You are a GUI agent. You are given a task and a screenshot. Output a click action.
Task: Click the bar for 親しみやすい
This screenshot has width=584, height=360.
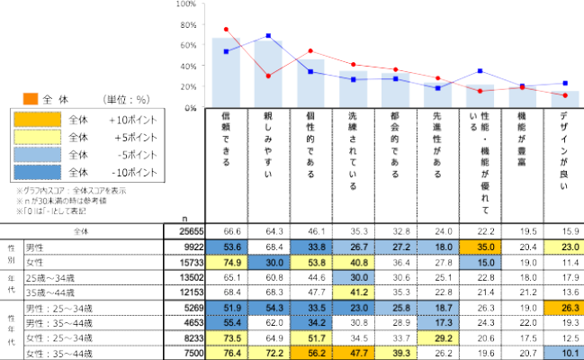click(x=268, y=76)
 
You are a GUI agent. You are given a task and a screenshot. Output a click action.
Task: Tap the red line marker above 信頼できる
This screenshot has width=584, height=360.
click(x=226, y=29)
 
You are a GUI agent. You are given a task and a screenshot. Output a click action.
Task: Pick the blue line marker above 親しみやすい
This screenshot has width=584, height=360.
click(x=268, y=36)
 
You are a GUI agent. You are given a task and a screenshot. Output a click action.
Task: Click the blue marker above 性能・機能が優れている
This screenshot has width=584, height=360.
click(x=481, y=70)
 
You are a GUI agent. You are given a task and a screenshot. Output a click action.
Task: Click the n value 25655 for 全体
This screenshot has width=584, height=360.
click(x=180, y=232)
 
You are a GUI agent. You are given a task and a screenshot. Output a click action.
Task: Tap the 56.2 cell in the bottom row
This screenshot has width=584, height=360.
click(x=310, y=353)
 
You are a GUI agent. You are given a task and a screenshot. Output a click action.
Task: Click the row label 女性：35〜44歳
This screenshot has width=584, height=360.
click(x=54, y=353)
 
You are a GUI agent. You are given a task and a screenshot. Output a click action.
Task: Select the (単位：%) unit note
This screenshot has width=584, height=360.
click(x=127, y=99)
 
